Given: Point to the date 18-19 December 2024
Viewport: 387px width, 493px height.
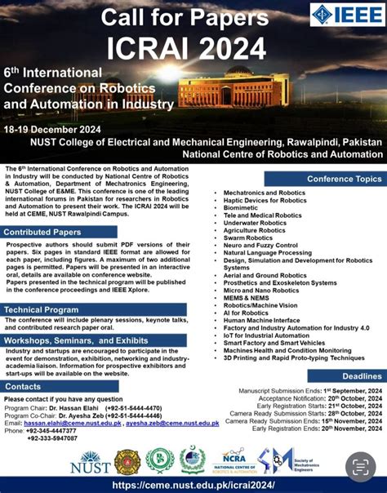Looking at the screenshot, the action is click(54, 129).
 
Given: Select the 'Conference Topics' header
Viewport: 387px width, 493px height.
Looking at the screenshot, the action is click(344, 178).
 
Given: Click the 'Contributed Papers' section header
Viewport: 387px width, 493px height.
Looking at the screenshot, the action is click(47, 233).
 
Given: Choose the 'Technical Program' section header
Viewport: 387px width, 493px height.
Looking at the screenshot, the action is click(41, 309).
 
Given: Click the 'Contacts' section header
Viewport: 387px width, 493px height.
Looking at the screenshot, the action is click(23, 386).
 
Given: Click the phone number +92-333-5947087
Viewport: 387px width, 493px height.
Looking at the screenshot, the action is click(56, 439).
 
